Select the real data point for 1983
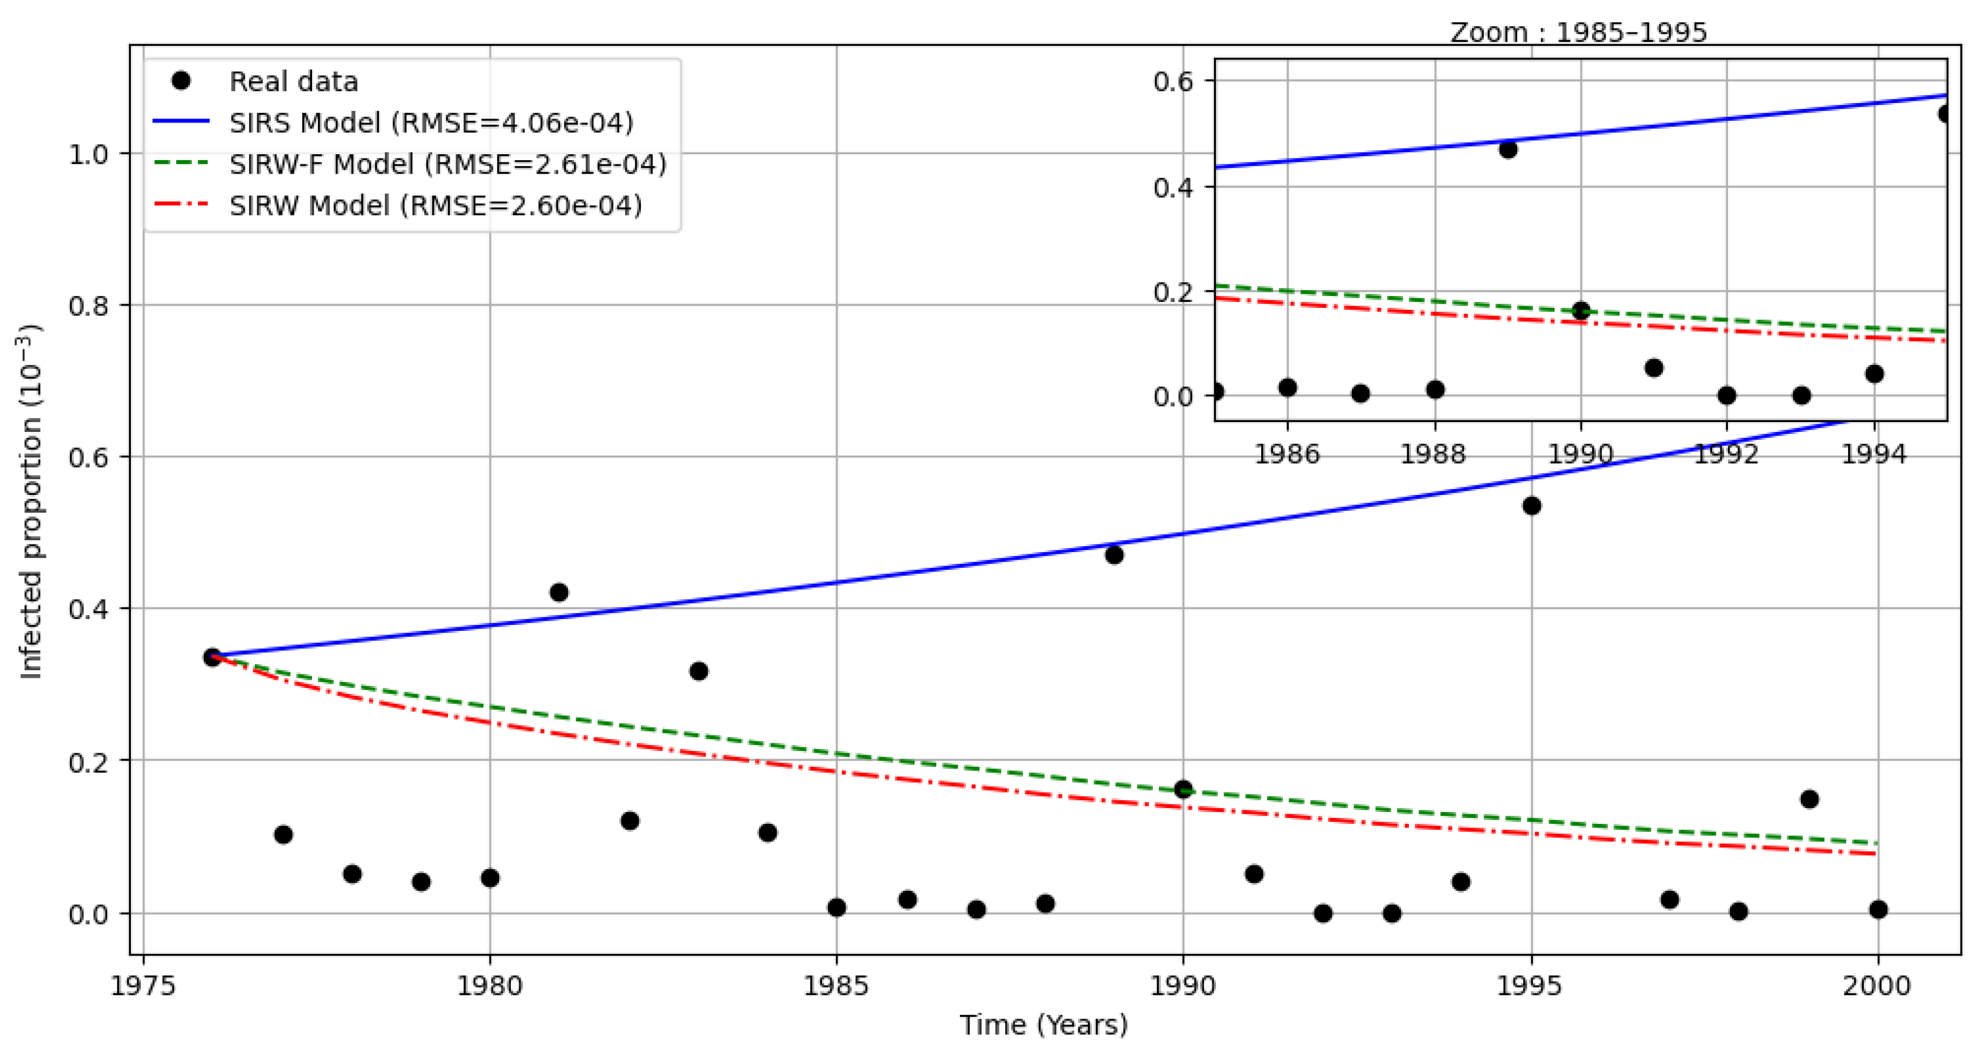(x=699, y=671)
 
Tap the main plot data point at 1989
(x=1114, y=555)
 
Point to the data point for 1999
(x=1809, y=799)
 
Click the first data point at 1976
(x=212, y=657)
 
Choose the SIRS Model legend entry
(x=431, y=122)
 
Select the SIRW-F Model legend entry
(x=447, y=164)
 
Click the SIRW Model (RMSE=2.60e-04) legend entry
(x=435, y=205)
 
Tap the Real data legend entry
(x=293, y=81)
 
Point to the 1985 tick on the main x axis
(x=837, y=985)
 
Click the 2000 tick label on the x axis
(x=1877, y=985)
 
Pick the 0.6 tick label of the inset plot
(x=1172, y=81)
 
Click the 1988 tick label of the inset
(x=1433, y=454)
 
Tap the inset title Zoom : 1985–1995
(x=1578, y=32)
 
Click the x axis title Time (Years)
(x=1043, y=1024)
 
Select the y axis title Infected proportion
(x=31, y=501)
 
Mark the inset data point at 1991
(x=1654, y=368)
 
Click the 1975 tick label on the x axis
(x=143, y=985)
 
